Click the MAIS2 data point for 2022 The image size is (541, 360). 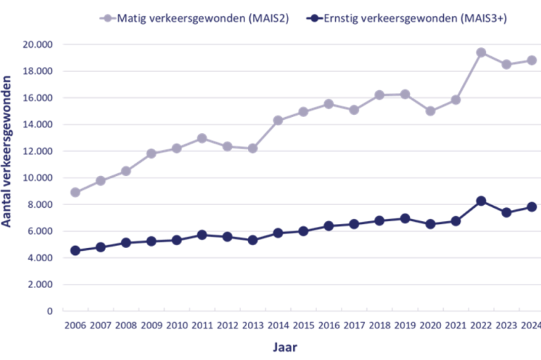(481, 53)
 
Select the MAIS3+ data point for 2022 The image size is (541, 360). (481, 201)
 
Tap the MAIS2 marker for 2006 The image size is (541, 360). (75, 192)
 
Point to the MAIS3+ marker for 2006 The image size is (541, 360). (75, 250)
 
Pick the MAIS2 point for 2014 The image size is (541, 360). (278, 120)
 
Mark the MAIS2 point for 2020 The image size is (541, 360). (430, 111)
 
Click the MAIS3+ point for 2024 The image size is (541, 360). (532, 206)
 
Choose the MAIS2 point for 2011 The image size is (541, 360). (202, 138)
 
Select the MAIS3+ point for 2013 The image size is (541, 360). (253, 240)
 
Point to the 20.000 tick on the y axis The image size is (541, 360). (37, 44)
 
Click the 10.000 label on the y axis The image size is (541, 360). (37, 178)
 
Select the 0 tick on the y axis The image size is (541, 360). (49, 311)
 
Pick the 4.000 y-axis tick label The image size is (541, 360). (39, 258)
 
